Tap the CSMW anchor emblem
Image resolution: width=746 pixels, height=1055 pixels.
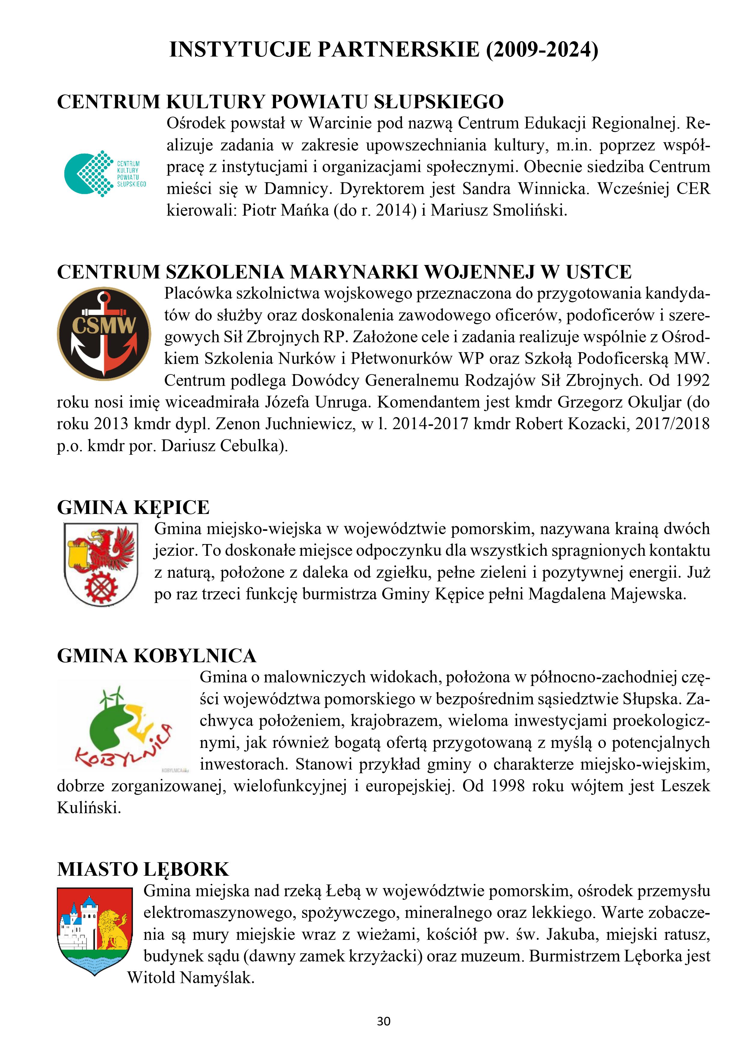coord(104,334)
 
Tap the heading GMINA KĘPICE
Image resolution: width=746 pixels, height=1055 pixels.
coord(133,508)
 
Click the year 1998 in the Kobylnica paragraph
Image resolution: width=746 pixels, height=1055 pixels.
coord(507,786)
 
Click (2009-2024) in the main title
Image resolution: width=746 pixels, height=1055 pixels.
coord(542,50)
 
